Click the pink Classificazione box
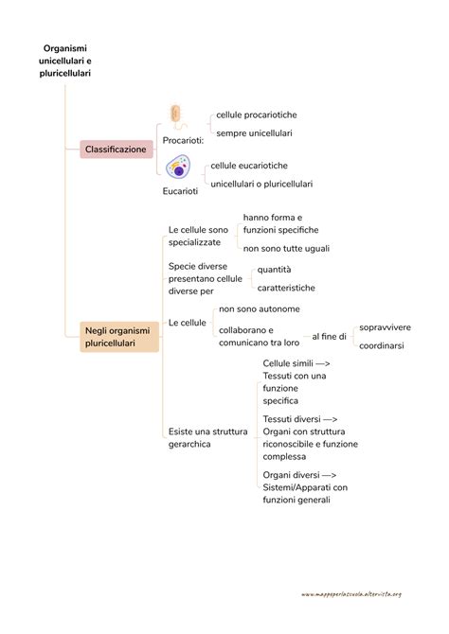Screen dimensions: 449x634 pos(117,150)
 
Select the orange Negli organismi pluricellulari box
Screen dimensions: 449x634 pos(119,337)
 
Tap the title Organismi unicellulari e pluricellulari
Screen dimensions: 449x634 pos(64,61)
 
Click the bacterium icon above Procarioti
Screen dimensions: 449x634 pos(177,117)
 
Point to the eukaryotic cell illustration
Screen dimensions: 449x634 pos(178,167)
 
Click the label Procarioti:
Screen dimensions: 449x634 pos(183,140)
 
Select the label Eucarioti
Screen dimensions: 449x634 pos(180,191)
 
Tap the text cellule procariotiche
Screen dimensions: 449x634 pos(257,114)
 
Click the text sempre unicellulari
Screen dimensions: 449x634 pos(254,133)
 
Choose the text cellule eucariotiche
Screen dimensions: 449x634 pos(249,166)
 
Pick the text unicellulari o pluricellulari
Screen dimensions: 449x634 pos(261,184)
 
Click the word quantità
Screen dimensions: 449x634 pos(274,270)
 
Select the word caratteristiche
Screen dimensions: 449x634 pos(286,288)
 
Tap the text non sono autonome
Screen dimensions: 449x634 pos(260,308)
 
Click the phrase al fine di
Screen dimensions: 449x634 pos(329,337)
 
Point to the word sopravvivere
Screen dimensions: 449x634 pos(385,327)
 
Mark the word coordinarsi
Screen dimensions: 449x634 pos(382,345)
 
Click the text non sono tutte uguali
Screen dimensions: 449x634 pos(286,248)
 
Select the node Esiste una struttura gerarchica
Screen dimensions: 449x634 pos(207,437)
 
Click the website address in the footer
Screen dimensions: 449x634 pos(351,594)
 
